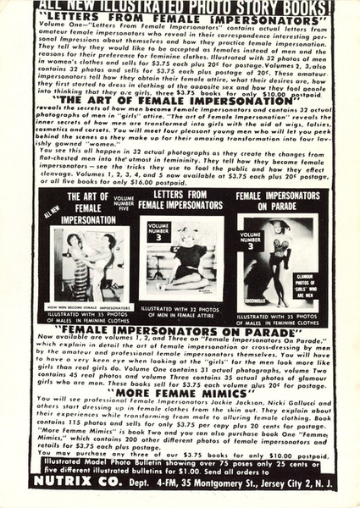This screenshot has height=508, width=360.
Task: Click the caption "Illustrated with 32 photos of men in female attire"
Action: click(180, 293)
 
